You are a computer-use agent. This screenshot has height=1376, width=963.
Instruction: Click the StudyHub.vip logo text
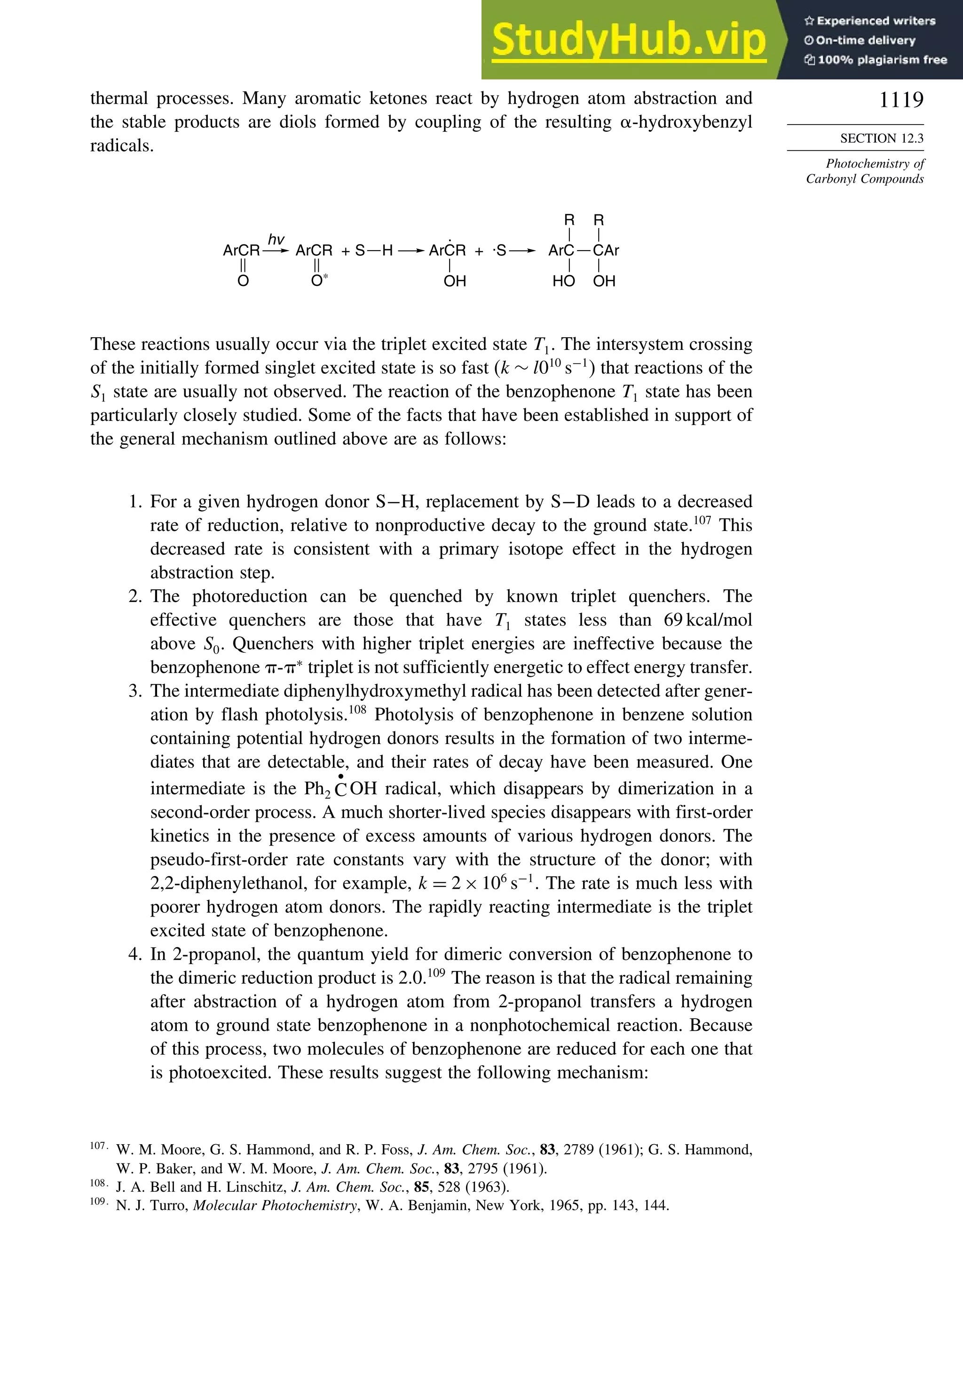point(629,40)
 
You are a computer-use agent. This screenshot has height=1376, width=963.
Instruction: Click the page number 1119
point(900,100)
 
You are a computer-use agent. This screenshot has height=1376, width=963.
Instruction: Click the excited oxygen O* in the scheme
point(319,280)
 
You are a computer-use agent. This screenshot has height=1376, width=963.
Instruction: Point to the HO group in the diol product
point(563,281)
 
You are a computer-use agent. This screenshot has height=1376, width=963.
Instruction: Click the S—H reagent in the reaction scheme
point(374,251)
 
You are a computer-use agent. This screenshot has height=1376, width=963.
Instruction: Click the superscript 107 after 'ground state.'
point(703,520)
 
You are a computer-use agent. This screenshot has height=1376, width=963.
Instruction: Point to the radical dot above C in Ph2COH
point(340,776)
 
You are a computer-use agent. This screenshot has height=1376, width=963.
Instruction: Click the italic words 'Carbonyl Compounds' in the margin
point(864,179)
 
